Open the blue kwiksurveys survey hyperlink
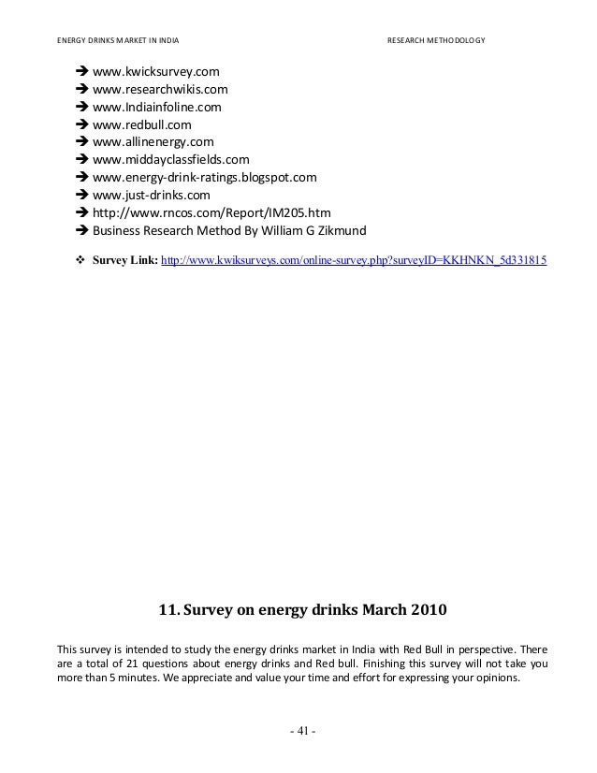(355, 255)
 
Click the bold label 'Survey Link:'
(125, 255)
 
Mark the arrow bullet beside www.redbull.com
(80, 125)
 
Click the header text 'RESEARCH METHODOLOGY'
(436, 41)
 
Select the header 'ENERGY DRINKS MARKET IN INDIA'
(119, 41)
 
